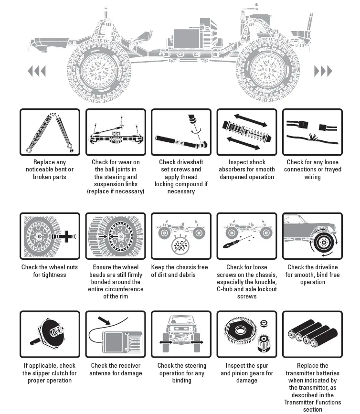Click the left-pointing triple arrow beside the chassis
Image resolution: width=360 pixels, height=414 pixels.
(37, 72)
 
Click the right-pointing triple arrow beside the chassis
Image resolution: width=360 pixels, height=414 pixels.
(323, 72)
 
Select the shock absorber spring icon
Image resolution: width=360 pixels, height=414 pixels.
(247, 132)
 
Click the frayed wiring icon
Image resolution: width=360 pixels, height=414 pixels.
(312, 132)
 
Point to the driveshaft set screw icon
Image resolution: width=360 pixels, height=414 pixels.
(181, 132)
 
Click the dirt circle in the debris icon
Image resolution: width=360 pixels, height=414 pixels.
(181, 245)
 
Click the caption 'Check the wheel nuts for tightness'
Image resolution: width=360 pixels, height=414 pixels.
(50, 271)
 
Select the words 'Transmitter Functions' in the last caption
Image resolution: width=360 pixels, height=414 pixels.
(312, 402)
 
